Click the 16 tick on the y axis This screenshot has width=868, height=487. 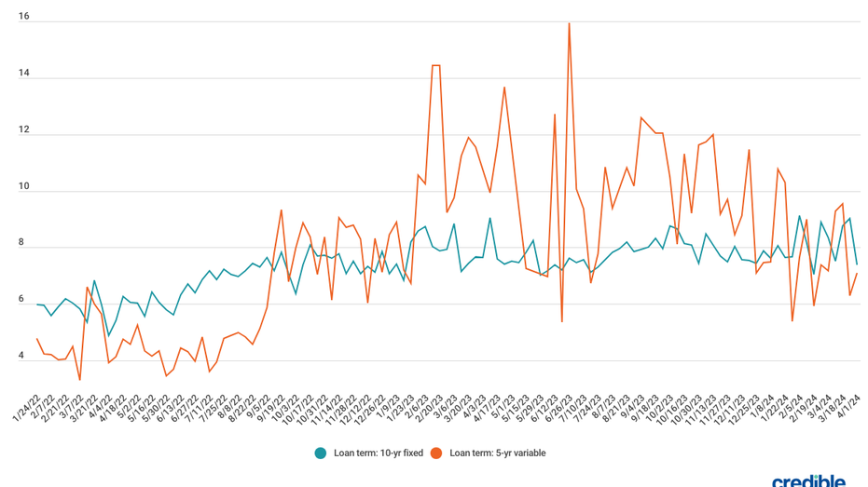point(23,16)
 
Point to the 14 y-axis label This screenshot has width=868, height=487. point(23,74)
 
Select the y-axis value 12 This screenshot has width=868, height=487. point(23,130)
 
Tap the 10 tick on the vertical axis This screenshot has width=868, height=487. point(23,187)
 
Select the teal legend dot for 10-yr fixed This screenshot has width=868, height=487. point(321,453)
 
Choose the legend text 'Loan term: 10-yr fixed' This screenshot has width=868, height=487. point(378,453)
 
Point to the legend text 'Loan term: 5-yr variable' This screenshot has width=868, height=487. point(498,453)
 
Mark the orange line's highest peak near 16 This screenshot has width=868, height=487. point(569,23)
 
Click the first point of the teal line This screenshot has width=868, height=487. point(37,304)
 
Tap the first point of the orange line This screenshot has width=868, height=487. point(37,339)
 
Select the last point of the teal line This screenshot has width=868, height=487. point(857,264)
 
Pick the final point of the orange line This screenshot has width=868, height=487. point(857,273)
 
